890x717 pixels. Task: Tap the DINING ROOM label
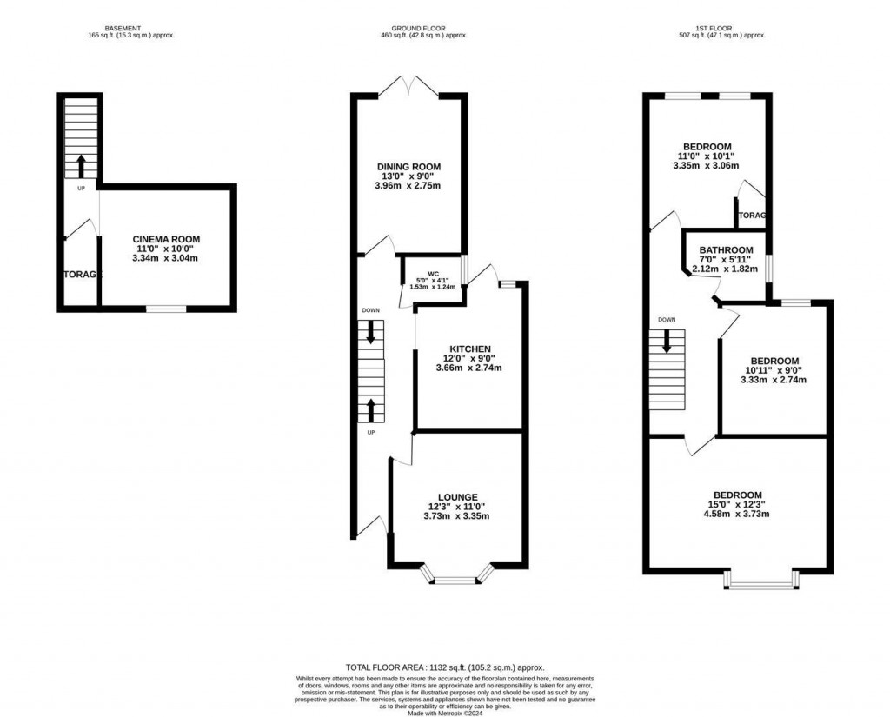pyautogui.click(x=408, y=166)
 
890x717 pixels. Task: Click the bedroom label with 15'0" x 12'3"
pyautogui.click(x=739, y=495)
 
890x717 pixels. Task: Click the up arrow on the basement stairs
pyautogui.click(x=81, y=165)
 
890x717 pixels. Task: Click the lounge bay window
pyautogui.click(x=456, y=577)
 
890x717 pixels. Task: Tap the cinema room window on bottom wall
pyautogui.click(x=165, y=309)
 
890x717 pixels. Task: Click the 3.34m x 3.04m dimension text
pyautogui.click(x=165, y=258)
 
